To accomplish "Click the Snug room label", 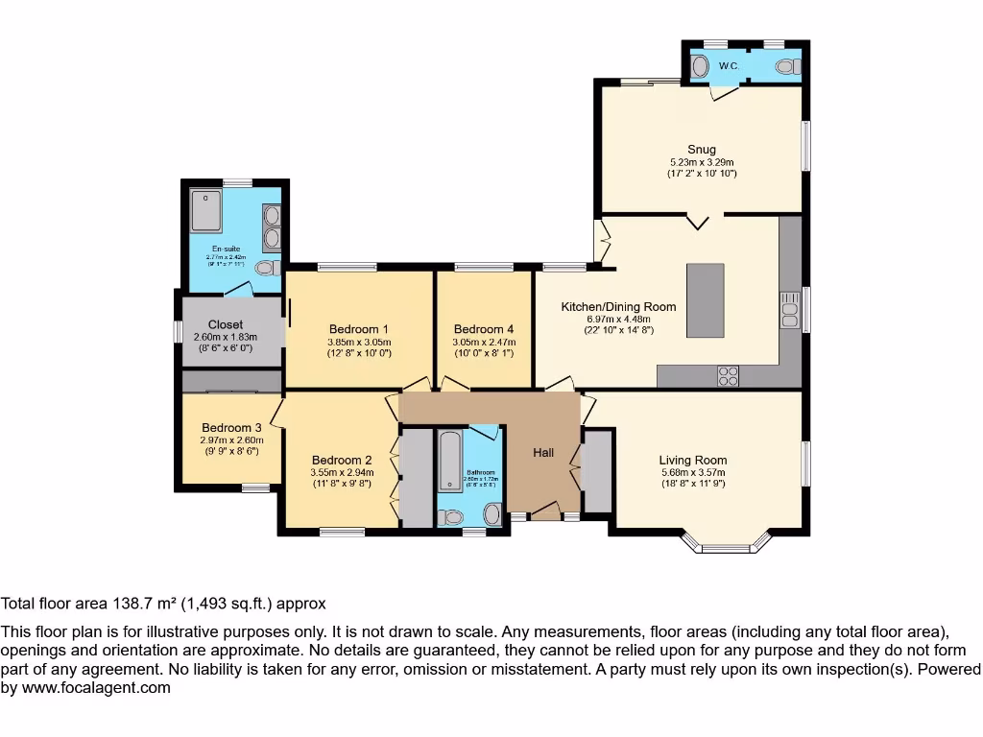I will point(701,149).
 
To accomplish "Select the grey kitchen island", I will point(705,300).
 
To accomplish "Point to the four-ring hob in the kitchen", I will point(728,375).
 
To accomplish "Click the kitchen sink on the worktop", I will point(790,309).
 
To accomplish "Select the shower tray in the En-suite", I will point(206,211).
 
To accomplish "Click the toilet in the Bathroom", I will point(492,514).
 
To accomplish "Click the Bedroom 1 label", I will point(358,327).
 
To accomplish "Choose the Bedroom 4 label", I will point(484,327).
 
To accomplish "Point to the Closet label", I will point(226,324).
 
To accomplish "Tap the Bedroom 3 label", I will point(231,428).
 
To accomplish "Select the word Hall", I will point(544,452).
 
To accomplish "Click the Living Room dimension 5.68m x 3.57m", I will point(693,472).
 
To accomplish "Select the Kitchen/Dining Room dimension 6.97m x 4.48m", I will point(618,320).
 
